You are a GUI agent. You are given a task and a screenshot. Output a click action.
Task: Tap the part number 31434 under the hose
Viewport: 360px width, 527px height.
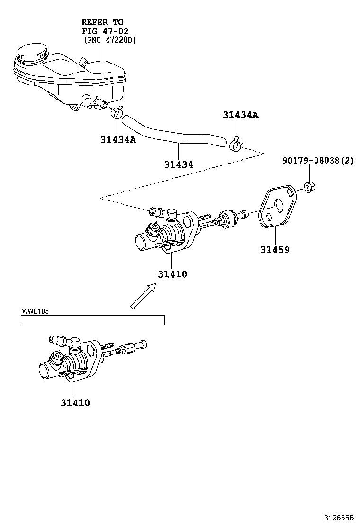(179, 164)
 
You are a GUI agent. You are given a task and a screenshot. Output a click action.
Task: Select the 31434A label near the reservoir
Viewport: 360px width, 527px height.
(118, 140)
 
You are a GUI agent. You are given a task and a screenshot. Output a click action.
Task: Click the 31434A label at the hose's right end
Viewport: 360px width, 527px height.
(241, 115)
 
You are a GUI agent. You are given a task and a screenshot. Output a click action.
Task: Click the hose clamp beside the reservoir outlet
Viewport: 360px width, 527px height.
(116, 112)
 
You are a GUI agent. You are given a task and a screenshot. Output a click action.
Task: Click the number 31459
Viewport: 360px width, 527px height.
(274, 250)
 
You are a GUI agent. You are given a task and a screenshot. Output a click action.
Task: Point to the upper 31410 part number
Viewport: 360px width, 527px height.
(172, 274)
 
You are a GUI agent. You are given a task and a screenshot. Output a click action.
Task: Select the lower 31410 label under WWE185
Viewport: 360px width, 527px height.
(75, 403)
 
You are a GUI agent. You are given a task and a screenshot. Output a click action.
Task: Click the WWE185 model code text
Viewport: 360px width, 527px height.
(36, 311)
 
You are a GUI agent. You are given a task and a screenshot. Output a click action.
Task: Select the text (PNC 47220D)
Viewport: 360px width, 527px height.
(109, 40)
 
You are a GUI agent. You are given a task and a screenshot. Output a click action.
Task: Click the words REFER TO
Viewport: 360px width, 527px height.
(102, 22)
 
